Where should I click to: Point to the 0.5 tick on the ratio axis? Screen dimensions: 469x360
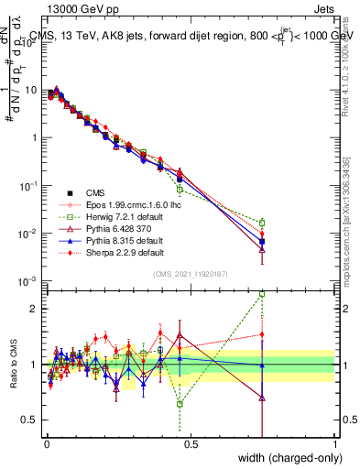30,420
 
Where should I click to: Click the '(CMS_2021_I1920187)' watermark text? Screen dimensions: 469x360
191,273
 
